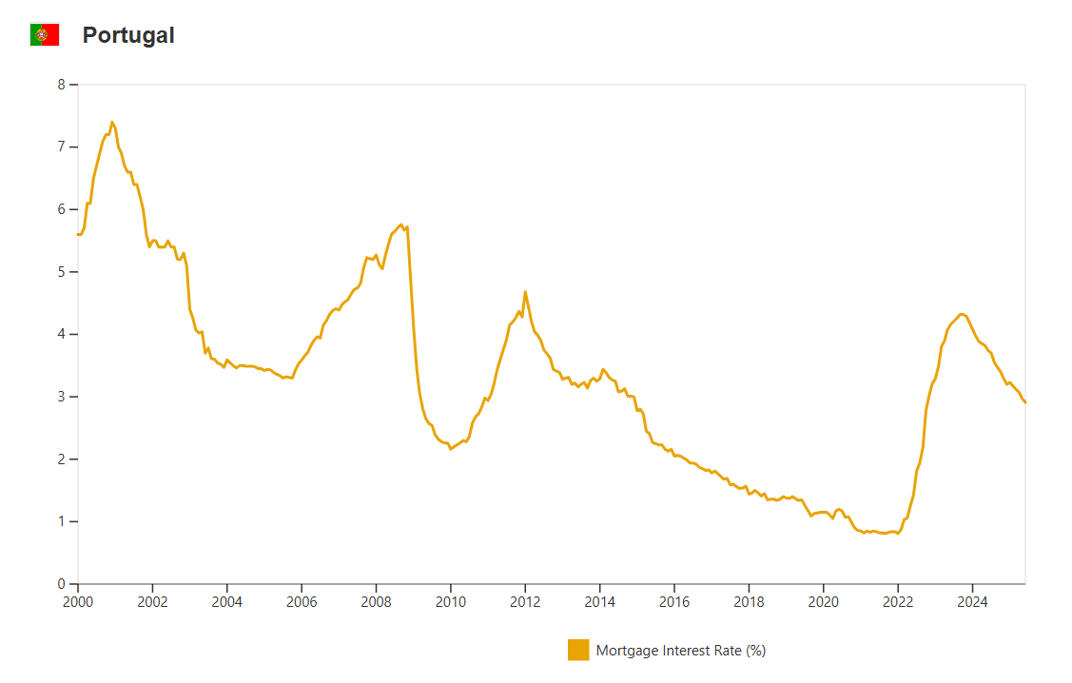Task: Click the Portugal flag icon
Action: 45,35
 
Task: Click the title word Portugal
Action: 128,35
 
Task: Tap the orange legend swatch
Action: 578,651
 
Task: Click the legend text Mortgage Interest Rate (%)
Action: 681,651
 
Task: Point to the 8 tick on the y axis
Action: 61,85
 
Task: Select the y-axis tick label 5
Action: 61,272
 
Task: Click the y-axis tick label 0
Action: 61,584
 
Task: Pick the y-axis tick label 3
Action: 61,397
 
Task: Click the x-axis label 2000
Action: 77,602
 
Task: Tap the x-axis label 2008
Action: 376,602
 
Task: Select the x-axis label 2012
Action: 525,602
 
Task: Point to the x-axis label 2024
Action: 972,602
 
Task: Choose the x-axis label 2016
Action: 674,602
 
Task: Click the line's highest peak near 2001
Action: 112,122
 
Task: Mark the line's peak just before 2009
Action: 401,224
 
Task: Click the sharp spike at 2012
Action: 525,292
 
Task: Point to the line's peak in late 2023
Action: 963,314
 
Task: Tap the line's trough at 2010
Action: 451,448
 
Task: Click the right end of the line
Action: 1025,402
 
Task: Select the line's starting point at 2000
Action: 78,234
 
